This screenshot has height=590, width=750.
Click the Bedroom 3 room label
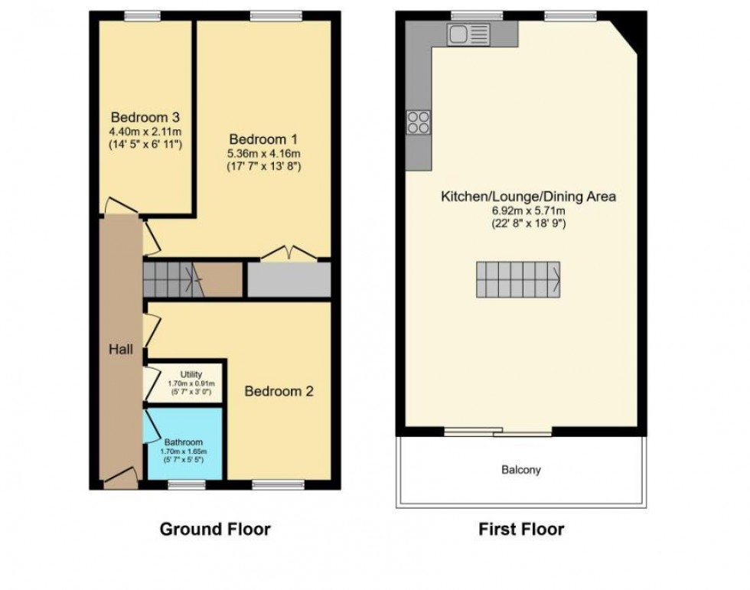(x=145, y=117)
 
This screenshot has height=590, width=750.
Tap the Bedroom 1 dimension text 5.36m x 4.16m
(x=264, y=153)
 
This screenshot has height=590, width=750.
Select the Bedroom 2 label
(x=279, y=391)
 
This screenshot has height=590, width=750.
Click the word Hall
(x=120, y=350)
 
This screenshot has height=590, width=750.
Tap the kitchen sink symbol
(x=469, y=34)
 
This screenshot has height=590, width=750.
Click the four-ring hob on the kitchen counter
(x=418, y=122)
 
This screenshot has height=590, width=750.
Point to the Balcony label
(x=521, y=470)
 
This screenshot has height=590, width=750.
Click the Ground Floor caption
(x=215, y=529)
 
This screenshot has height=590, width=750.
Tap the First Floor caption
(x=521, y=529)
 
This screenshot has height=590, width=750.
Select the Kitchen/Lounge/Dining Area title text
(x=528, y=197)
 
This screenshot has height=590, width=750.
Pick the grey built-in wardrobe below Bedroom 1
(x=289, y=280)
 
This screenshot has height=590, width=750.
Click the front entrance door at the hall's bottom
(x=120, y=480)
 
